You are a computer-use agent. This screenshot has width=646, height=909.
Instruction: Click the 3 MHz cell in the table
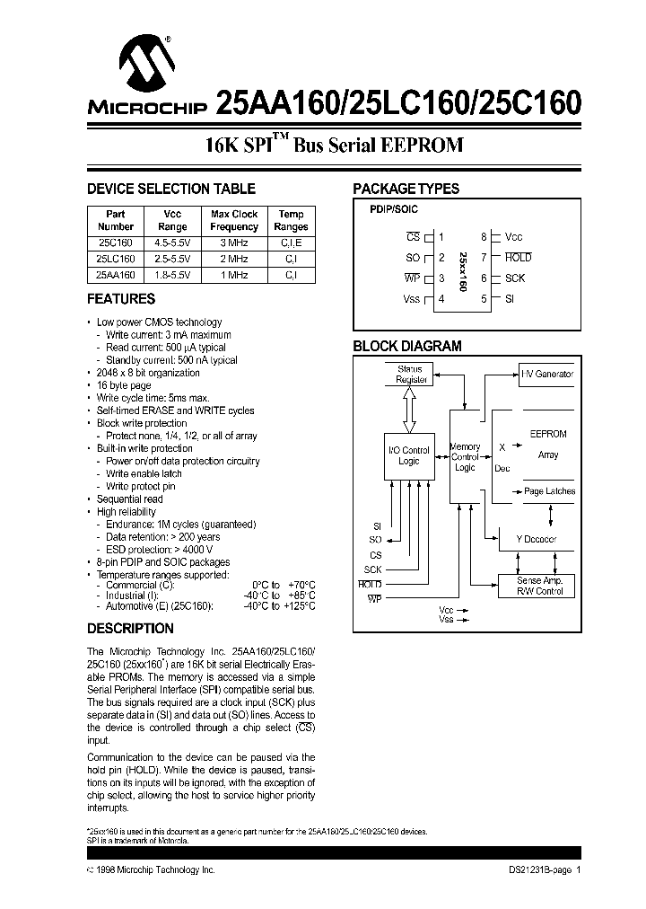coord(234,242)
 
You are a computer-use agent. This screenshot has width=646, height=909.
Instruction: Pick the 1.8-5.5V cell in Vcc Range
coord(171,274)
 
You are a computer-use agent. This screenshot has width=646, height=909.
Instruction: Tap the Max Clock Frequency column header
coord(234,221)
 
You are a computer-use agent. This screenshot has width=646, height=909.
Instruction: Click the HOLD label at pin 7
coord(518,258)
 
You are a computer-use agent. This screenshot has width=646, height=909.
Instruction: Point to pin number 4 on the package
coord(441,299)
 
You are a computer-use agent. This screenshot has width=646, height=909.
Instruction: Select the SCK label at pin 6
coord(515,278)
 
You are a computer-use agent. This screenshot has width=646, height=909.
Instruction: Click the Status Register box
coord(409,375)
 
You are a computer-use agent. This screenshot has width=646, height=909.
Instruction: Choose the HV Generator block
coord(546,375)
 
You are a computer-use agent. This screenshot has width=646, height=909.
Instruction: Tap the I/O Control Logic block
coord(409,455)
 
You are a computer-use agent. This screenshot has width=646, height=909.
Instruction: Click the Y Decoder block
coord(537,539)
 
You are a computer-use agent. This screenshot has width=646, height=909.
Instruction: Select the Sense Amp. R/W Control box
coord(539,586)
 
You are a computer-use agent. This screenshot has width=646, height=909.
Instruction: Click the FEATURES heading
coord(121,299)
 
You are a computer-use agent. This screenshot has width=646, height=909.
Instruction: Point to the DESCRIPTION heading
coord(129,629)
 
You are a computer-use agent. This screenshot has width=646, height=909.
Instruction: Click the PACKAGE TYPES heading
coord(406,189)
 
